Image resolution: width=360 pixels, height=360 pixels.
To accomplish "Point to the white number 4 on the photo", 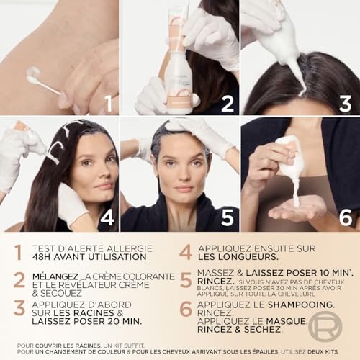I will click(107, 217).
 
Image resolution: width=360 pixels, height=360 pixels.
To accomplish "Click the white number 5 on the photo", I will click(228, 217).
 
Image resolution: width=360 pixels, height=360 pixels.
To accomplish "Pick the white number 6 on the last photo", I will click(346, 217).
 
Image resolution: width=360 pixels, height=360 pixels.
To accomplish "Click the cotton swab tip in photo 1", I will click(33, 72).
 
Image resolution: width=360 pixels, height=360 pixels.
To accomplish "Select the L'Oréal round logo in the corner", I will click(325, 325).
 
